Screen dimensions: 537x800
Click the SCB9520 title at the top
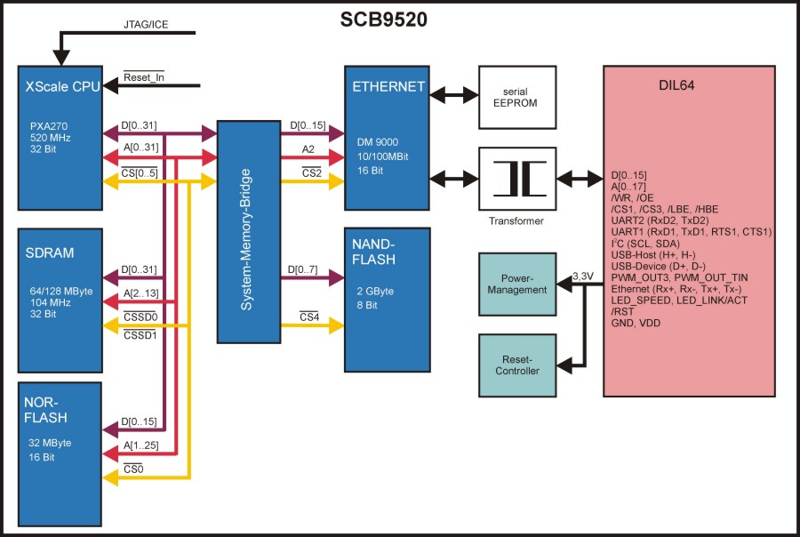click(384, 20)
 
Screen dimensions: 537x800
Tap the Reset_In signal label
click(144, 77)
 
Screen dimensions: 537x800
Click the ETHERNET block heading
click(388, 87)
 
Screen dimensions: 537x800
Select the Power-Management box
click(516, 283)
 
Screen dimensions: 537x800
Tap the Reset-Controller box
click(516, 365)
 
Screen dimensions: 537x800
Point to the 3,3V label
click(582, 277)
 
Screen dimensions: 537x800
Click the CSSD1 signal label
click(140, 335)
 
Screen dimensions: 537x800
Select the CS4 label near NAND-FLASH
click(309, 317)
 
